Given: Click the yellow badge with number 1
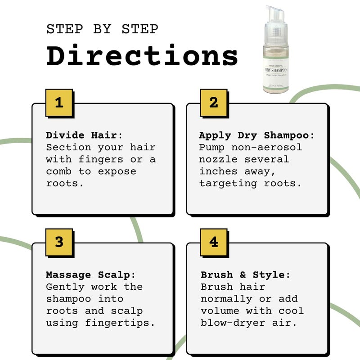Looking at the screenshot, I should click(59, 103).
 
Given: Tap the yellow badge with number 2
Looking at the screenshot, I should click(214, 103).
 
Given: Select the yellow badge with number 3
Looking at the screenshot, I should click(59, 242).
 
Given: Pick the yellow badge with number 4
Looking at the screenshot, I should click(214, 242).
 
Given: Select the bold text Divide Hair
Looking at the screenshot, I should click(84, 135).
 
